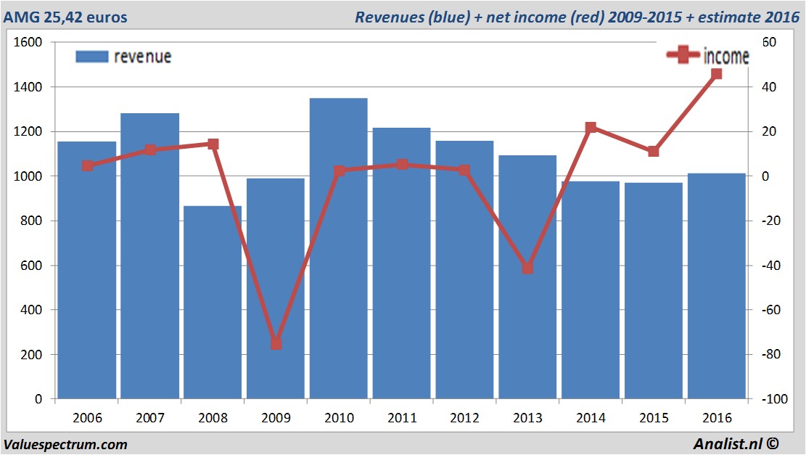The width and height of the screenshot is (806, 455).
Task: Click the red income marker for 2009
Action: click(x=276, y=343)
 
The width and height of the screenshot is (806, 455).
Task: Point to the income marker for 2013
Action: click(x=527, y=269)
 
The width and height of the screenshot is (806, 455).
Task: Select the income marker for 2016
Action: click(x=716, y=74)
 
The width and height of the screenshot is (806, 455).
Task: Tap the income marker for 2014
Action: click(x=591, y=128)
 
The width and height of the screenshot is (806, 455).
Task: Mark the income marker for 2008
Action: click(x=213, y=144)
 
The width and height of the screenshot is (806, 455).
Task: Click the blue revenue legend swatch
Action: click(x=91, y=57)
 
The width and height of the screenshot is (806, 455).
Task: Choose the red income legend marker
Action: click(x=683, y=56)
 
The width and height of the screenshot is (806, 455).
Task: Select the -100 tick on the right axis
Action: click(x=771, y=400)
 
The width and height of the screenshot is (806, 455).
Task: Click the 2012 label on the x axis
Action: click(x=464, y=419)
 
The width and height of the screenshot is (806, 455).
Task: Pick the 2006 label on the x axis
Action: click(x=87, y=419)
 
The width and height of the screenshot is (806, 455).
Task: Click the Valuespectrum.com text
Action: click(x=65, y=445)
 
